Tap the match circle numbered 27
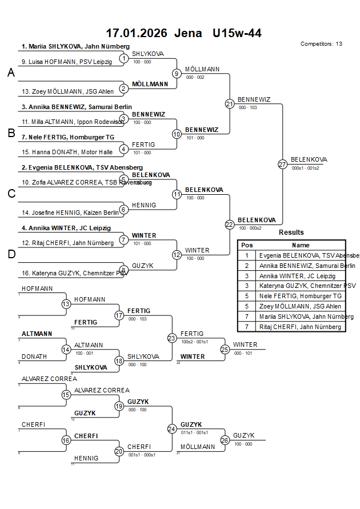282,164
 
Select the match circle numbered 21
229,104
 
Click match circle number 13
66,304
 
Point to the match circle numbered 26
225,440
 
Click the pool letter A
11,73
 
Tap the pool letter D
11,255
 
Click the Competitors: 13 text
321,44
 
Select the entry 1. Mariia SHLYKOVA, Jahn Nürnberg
75,47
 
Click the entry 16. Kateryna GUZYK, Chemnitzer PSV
75,273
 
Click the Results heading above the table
291,233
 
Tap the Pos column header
247,245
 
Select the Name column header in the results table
300,245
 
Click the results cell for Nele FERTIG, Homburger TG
300,296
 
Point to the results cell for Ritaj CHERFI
300,327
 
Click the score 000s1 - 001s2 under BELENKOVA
306,168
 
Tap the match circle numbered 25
225,349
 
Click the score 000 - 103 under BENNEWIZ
247,107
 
